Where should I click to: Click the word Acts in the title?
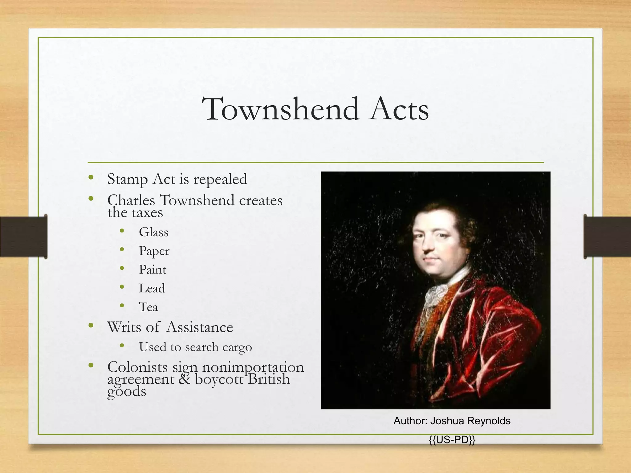(399, 109)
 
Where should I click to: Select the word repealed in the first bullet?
(220, 179)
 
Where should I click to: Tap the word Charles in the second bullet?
(131, 200)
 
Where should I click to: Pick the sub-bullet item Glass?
(153, 232)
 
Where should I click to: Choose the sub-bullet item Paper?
(154, 251)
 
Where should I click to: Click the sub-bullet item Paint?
(153, 270)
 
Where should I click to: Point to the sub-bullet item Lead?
(152, 289)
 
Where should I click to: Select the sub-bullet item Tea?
(148, 307)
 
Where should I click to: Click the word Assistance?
(200, 327)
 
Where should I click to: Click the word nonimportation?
(253, 367)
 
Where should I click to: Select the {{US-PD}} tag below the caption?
(452, 440)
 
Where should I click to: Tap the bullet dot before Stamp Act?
(91, 177)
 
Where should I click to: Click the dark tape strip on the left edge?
(23, 236)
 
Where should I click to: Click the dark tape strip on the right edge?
(607, 236)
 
